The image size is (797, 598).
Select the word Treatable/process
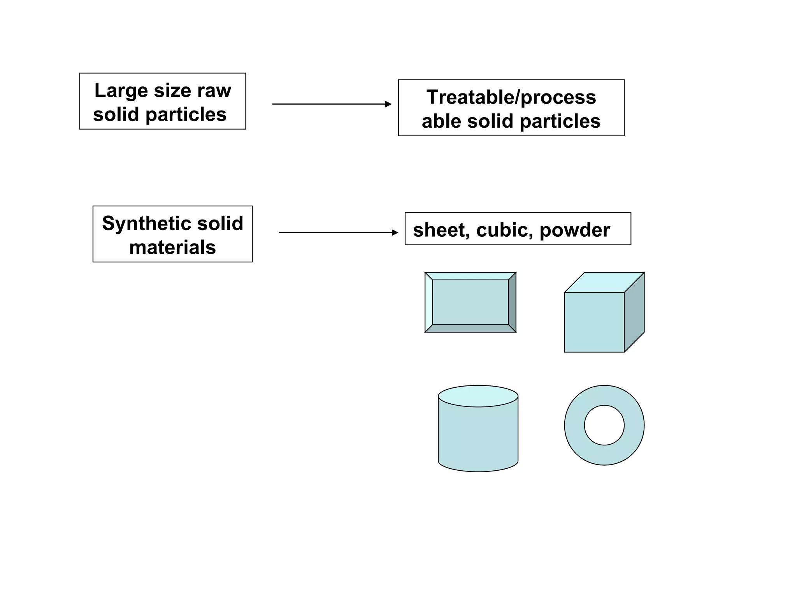511,97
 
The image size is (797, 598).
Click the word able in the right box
441,121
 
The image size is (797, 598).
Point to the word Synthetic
147,224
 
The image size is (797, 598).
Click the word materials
172,248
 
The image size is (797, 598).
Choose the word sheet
441,230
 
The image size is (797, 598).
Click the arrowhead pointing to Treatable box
388,104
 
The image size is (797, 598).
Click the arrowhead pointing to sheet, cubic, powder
395,233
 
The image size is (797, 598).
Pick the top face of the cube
604,282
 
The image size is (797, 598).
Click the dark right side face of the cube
634,312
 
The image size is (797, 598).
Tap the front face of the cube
594,322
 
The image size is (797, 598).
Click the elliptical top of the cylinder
478,396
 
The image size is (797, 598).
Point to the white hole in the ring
604,425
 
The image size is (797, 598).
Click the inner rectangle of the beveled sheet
470,302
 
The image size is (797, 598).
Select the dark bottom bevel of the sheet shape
470,329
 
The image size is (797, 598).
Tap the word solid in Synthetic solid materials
222,224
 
